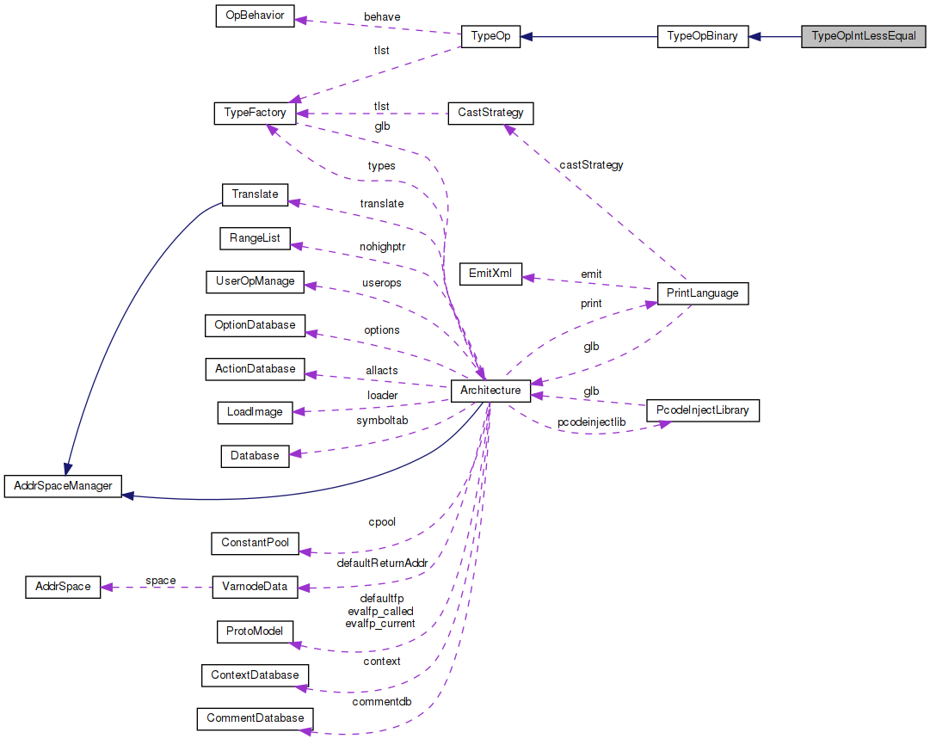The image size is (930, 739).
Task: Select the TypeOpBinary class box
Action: pos(702,37)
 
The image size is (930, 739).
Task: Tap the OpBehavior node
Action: pos(255,16)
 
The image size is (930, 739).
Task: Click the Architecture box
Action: pos(490,391)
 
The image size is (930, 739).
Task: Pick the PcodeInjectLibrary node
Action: pos(702,410)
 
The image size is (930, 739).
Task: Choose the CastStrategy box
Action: pos(490,113)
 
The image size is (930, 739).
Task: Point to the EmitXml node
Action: pos(490,274)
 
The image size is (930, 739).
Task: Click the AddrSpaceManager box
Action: pos(64,486)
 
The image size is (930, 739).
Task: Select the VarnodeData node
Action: pos(255,587)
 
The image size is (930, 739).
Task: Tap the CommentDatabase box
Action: pos(255,717)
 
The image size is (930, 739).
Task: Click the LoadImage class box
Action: pos(255,411)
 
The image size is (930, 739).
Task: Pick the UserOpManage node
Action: pos(255,281)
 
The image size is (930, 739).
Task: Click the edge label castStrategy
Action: pos(591,164)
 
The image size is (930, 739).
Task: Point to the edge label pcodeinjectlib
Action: pos(591,422)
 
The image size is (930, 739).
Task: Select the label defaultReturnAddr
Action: pos(382,563)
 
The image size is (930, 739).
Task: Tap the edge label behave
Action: pos(382,16)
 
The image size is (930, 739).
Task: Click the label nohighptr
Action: pos(382,246)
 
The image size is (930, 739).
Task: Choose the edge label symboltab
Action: pos(382,420)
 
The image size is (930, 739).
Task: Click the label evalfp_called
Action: pos(379,611)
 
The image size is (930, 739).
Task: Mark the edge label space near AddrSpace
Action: pos(160,580)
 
